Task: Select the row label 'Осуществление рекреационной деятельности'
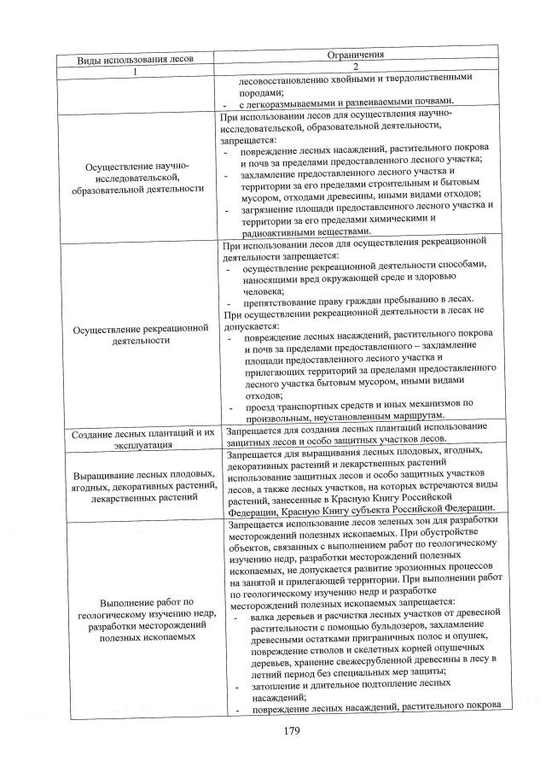136,334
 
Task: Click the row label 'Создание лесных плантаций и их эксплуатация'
136,438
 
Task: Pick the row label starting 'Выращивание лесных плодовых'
136,485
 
